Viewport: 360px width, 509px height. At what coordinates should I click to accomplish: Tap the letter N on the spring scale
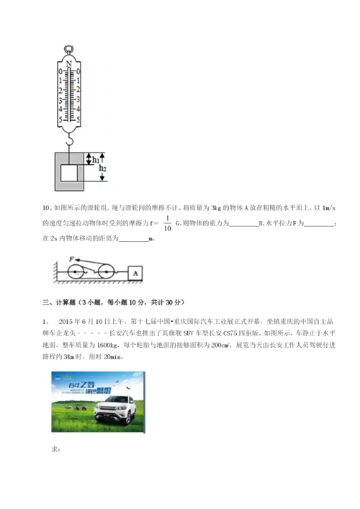(x=69, y=64)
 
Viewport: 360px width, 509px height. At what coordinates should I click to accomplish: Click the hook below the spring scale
(x=69, y=140)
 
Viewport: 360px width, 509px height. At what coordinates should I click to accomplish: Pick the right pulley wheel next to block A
(x=106, y=273)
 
